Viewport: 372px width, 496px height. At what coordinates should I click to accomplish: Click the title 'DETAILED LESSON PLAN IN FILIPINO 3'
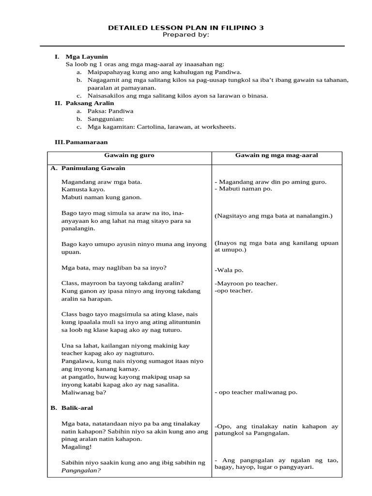[x=186, y=28]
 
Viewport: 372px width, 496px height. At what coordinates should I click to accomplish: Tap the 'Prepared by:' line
[x=186, y=35]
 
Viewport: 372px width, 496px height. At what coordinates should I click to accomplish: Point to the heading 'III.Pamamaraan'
[x=81, y=142]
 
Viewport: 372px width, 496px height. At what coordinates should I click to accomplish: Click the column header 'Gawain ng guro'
[x=129, y=155]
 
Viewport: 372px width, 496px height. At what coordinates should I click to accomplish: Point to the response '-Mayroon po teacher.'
[x=246, y=283]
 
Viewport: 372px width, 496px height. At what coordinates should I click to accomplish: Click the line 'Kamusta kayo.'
[x=83, y=189]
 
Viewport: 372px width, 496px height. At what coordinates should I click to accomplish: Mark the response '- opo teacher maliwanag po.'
[x=256, y=392]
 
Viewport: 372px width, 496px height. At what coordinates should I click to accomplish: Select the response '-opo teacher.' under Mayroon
[x=233, y=291]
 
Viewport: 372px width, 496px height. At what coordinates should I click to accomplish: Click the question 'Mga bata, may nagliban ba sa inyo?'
[x=114, y=267]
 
